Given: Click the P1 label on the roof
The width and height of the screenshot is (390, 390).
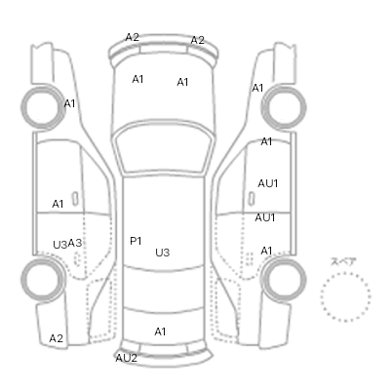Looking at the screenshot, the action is click(x=136, y=241).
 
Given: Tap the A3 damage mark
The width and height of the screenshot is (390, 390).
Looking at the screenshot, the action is click(x=75, y=243).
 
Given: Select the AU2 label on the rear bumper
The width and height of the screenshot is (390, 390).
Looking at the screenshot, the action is click(x=127, y=358).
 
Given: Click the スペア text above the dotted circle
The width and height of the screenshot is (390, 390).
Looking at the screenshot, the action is click(x=343, y=262).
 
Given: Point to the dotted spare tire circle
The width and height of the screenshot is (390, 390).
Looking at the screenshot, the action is click(x=322, y=297).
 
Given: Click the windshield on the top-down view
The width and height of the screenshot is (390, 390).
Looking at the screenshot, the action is click(x=164, y=150).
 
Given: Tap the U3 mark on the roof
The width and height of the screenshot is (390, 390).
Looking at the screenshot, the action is click(x=163, y=253).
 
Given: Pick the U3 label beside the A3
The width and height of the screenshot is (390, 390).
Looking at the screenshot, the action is click(x=60, y=245).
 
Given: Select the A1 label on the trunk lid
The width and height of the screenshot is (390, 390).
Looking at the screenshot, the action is click(x=160, y=331).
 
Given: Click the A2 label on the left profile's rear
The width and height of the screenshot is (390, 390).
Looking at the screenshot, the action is click(x=56, y=338).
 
